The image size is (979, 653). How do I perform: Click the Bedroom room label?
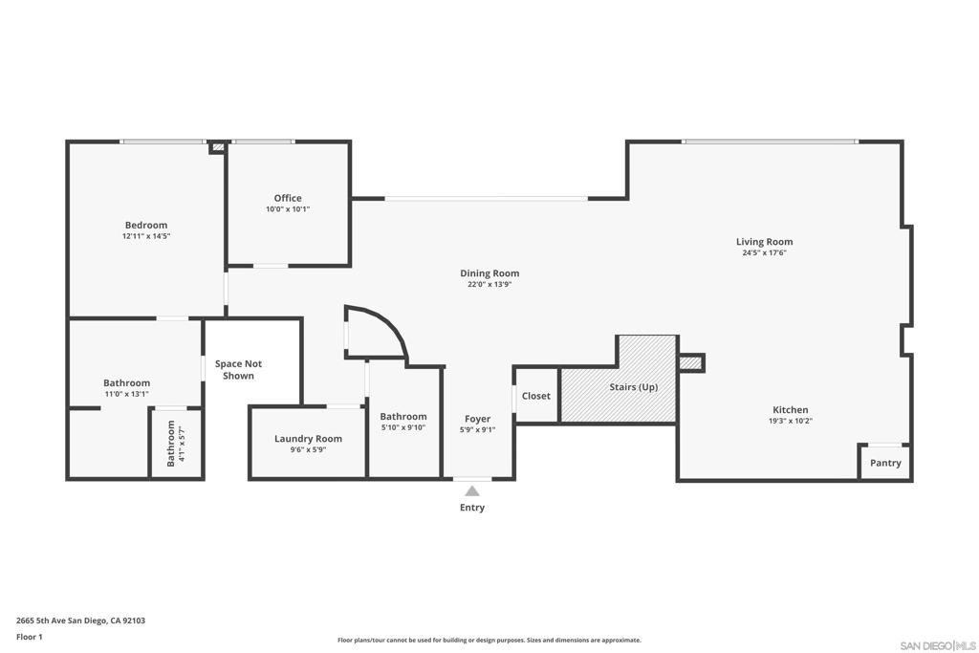pos(146,226)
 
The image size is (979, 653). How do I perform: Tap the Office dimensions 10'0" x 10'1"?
pos(288,209)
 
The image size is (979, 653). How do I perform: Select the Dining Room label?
pos(489,272)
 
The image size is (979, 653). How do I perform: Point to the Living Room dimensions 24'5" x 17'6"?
pos(764,252)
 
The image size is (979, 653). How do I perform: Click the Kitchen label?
pos(791,409)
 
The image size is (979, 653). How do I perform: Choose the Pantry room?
pos(885,463)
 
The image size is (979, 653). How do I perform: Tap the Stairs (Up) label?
pos(634,387)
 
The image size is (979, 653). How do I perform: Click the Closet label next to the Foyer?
pos(536,396)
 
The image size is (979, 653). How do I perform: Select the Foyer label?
pos(478,419)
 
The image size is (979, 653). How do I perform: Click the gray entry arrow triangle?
pos(472,491)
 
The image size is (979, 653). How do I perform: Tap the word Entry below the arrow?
pos(472,508)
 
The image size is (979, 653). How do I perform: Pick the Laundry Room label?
pos(309,438)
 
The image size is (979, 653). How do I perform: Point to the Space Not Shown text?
pos(238,370)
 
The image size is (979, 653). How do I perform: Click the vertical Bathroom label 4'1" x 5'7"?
pos(175,444)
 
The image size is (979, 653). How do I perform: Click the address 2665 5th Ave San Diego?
pos(80,620)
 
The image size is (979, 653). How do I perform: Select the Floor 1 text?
pos(30,637)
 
